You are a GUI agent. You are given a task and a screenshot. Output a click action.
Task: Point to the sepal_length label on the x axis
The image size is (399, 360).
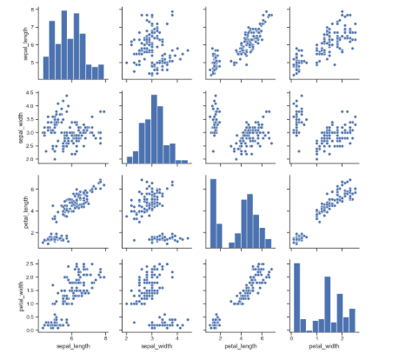[x=74, y=348]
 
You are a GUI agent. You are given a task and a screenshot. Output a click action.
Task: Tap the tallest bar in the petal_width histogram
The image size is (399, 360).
[x=296, y=296]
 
